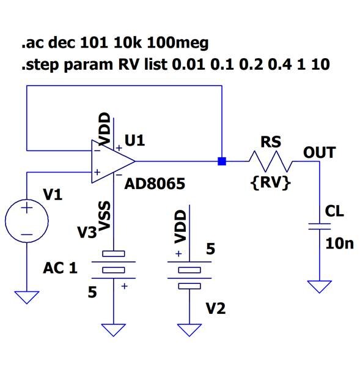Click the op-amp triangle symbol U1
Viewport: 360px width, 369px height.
(x=111, y=162)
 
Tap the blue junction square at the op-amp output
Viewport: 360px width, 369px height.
(x=222, y=162)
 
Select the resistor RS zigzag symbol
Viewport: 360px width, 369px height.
(x=271, y=162)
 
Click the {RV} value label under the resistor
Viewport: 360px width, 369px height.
(x=270, y=182)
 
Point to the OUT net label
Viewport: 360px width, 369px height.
(x=320, y=152)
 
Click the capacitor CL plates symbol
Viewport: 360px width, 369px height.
(x=316, y=226)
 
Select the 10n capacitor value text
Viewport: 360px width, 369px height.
(x=339, y=244)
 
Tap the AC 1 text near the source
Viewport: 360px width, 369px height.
(x=60, y=267)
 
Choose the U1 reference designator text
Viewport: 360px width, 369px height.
(x=134, y=141)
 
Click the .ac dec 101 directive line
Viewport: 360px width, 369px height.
(x=115, y=43)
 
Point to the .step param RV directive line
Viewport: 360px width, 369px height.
(x=175, y=64)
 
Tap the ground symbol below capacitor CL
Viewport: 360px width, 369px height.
(x=316, y=286)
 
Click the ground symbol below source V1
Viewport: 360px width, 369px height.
(x=27, y=297)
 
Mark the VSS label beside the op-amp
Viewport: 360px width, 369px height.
(x=104, y=217)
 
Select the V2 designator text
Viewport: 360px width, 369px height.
(x=215, y=308)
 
